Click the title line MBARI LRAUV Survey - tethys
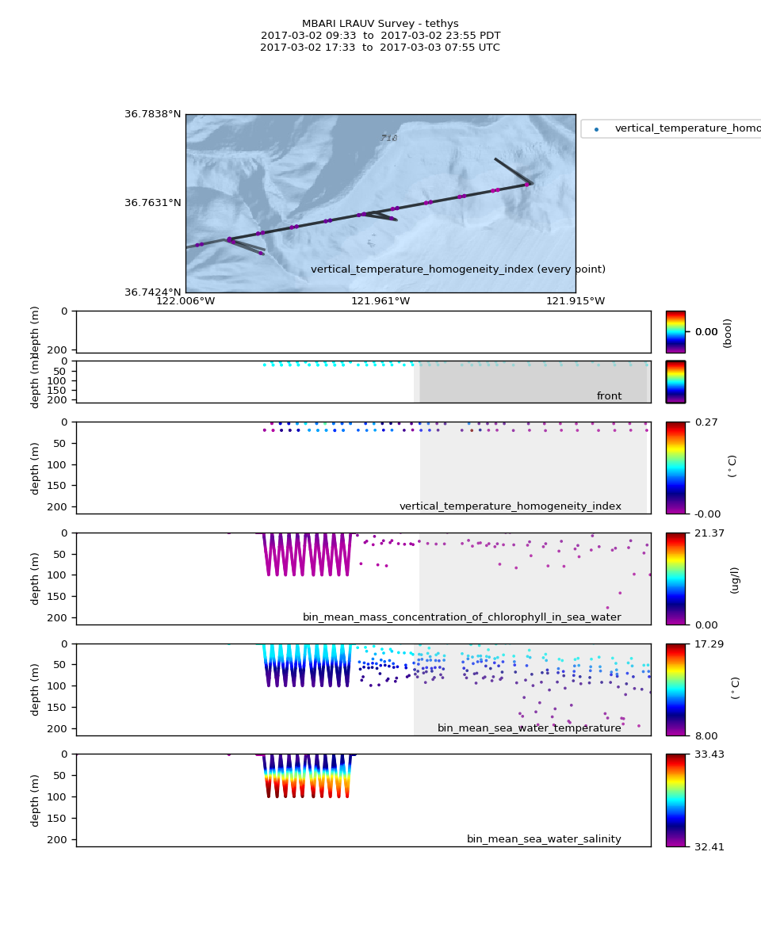(x=380, y=24)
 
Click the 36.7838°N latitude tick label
(x=152, y=114)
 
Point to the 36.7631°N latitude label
(x=152, y=203)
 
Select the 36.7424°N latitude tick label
(x=152, y=292)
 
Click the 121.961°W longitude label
(x=380, y=301)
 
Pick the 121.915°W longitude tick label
(x=576, y=301)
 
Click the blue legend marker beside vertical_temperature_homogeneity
(x=596, y=129)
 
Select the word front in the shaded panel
(x=609, y=396)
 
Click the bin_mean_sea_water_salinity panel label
(x=544, y=839)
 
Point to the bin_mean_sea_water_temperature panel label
(x=529, y=728)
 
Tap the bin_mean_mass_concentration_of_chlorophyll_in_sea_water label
(x=461, y=617)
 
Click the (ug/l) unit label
(x=735, y=579)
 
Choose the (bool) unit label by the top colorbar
(x=728, y=333)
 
